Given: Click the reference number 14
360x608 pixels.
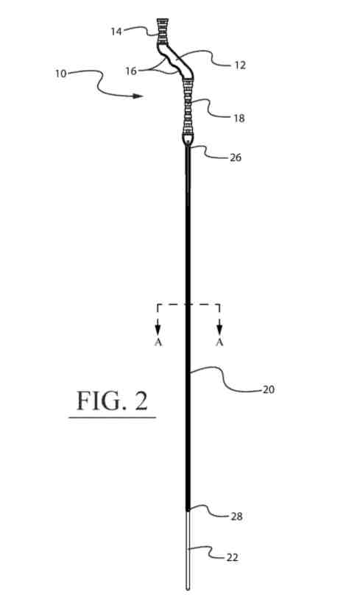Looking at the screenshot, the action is point(116,32).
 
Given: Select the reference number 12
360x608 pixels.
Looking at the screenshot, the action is point(240,65).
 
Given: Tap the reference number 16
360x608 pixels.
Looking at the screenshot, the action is point(131,71).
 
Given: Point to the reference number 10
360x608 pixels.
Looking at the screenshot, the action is point(61,74).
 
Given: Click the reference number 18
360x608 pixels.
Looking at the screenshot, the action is point(239,119).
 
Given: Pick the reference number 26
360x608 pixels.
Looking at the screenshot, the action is point(236,158).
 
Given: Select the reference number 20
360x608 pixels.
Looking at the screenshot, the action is point(269,389).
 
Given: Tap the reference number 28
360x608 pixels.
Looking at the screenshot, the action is point(236,517).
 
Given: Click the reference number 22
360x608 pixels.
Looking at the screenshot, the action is point(232,558).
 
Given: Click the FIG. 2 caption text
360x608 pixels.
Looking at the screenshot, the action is point(113,400).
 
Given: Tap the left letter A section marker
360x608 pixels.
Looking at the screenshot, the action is point(158,342).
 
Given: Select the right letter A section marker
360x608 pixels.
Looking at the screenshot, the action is point(219,342).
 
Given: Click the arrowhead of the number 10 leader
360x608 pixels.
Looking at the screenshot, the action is point(138,96).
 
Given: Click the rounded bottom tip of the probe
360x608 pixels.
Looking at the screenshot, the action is point(188,588).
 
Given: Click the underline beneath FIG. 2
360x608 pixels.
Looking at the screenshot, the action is point(113,417).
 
